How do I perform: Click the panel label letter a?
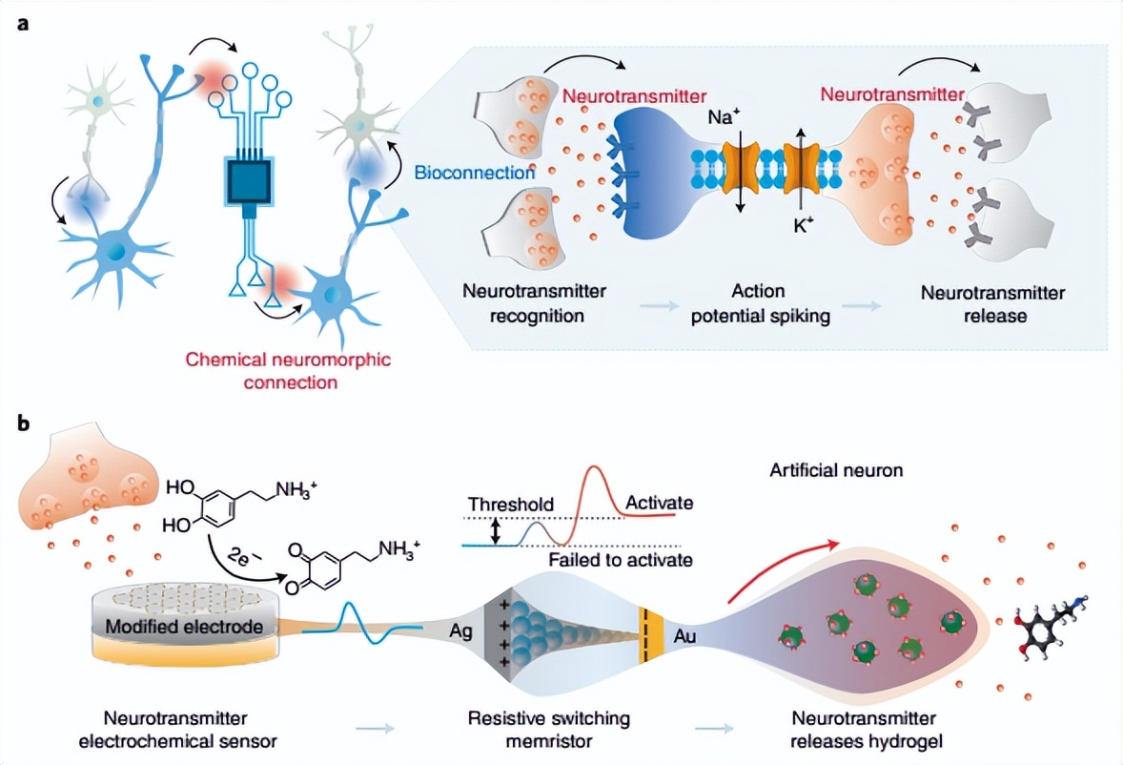pos(22,23)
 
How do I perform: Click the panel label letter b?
pos(23,420)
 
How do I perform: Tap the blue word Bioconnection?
pos(475,173)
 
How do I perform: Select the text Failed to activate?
pos(621,560)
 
